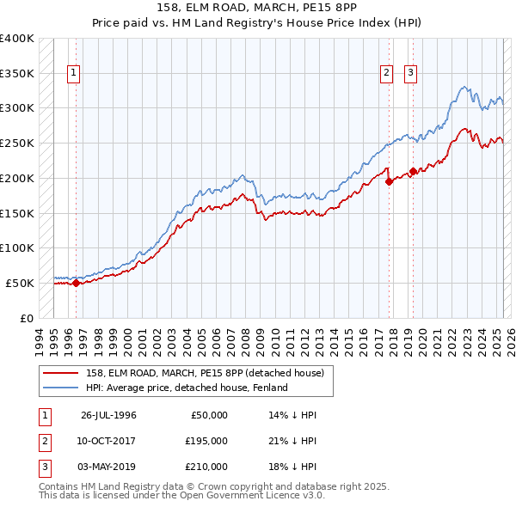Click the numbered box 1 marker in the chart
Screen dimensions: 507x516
pyautogui.click(x=75, y=74)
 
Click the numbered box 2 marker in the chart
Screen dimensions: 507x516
pyautogui.click(x=387, y=74)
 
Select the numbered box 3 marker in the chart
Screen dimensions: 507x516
pyautogui.click(x=411, y=74)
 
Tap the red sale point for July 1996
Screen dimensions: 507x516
pyautogui.click(x=76, y=283)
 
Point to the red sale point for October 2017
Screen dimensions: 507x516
pyautogui.click(x=389, y=181)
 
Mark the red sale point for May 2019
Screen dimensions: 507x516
pyautogui.click(x=413, y=171)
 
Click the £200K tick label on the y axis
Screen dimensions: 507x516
pyautogui.click(x=16, y=178)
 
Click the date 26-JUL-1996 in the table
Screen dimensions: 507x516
pyautogui.click(x=108, y=415)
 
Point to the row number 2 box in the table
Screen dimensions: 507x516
pyautogui.click(x=42, y=441)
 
